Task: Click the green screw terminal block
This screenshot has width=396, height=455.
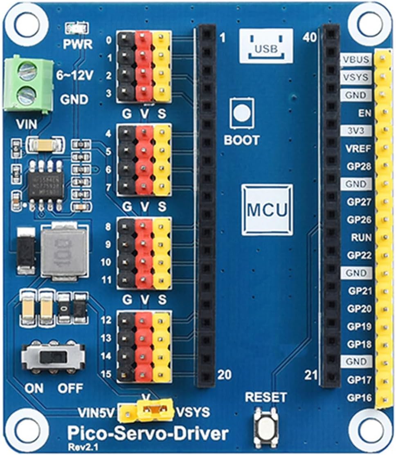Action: (x=27, y=84)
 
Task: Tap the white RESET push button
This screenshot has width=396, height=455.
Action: (x=265, y=422)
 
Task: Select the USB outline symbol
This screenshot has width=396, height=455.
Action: (x=266, y=45)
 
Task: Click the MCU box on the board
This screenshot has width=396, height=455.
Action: (x=267, y=210)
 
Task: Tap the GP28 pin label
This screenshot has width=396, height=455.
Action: (x=359, y=166)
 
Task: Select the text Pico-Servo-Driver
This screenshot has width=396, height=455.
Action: (x=147, y=433)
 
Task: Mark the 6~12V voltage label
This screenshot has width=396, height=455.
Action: (x=75, y=76)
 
